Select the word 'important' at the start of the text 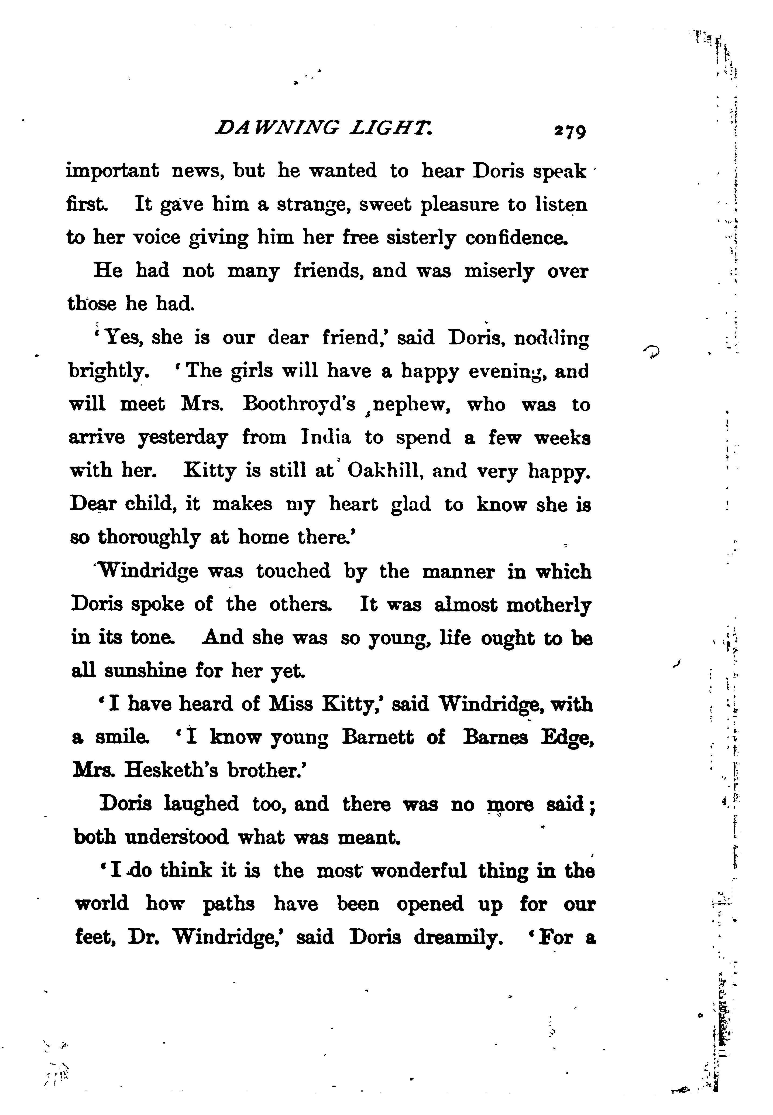point(112,172)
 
